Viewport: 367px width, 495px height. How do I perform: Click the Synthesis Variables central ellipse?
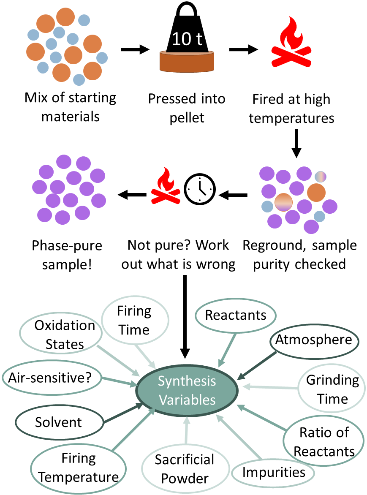[x=186, y=390]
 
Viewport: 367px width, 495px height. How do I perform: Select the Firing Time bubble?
[x=134, y=321]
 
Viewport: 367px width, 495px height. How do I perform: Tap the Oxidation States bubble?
[x=65, y=335]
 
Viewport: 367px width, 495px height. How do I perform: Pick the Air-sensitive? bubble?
[x=51, y=377]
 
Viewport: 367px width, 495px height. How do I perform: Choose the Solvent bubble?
[x=59, y=422]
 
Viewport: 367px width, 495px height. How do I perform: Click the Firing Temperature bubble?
[x=79, y=468]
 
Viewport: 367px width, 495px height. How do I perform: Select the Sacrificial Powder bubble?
[x=184, y=468]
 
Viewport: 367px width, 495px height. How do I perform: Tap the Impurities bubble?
[x=273, y=472]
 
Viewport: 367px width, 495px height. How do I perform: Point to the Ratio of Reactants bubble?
[x=324, y=441]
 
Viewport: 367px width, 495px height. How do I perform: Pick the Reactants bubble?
[x=236, y=315]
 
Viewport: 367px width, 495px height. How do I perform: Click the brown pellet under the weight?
[x=186, y=62]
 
